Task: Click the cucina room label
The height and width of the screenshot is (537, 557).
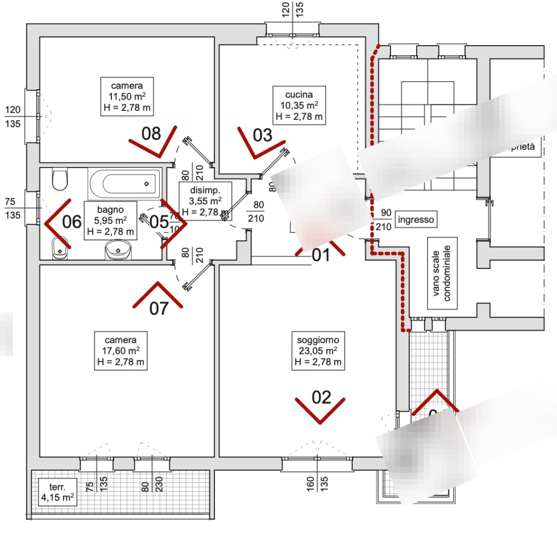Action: [296, 106]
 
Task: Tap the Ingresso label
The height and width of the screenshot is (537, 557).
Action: [416, 220]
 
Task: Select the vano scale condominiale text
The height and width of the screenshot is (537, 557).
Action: [444, 274]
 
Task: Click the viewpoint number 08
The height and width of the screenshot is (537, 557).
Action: [151, 134]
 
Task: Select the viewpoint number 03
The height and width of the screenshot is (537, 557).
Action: [262, 134]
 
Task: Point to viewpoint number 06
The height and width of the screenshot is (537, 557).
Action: [72, 222]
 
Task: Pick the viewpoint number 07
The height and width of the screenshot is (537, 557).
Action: [159, 308]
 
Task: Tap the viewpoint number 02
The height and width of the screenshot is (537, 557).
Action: [321, 397]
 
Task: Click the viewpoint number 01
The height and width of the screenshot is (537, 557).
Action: [320, 256]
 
